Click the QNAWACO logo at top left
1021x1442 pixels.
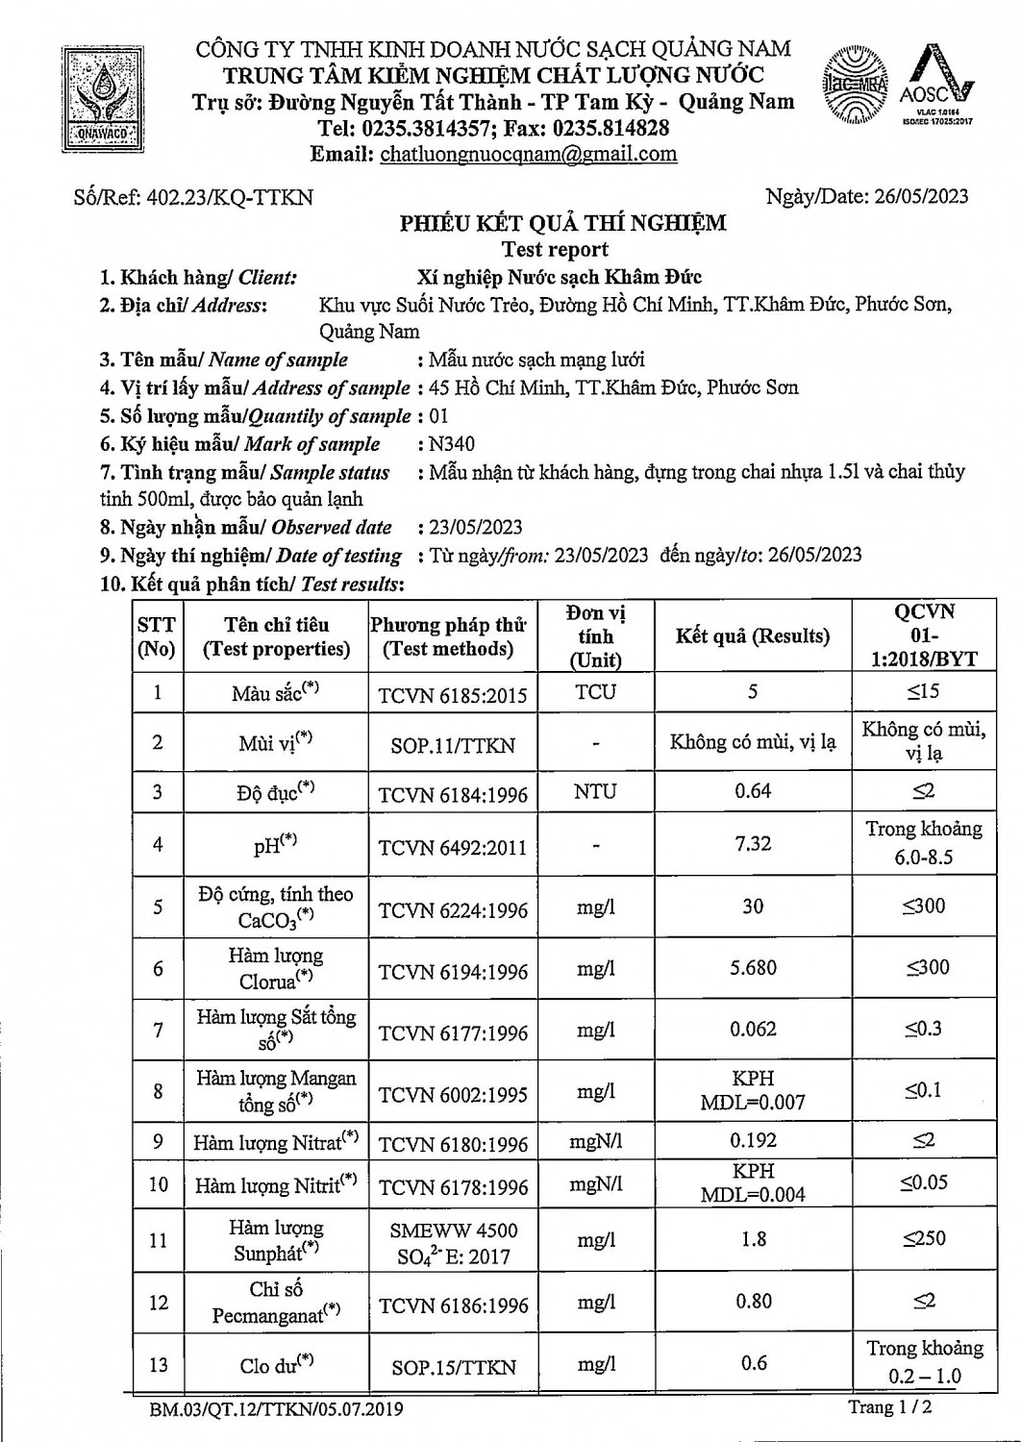(100, 98)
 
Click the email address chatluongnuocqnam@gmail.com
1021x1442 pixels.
(528, 155)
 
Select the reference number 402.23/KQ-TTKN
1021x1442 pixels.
(228, 198)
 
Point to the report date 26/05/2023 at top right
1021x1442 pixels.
(921, 197)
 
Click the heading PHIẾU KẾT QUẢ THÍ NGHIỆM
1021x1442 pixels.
(562, 224)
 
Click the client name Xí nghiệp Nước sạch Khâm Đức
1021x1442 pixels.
(559, 278)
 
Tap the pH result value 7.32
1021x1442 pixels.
(753, 844)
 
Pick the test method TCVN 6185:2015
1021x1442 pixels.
(453, 695)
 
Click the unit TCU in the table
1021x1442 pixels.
(596, 692)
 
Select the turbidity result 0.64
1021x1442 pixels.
(753, 791)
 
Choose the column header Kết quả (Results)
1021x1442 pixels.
(752, 636)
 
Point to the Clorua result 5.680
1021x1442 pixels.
(753, 968)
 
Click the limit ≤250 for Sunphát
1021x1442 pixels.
(924, 1239)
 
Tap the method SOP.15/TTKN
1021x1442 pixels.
(453, 1367)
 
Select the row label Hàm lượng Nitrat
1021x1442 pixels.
(275, 1143)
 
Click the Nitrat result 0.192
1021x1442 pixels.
(753, 1141)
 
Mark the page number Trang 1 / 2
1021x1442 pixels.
(890, 1408)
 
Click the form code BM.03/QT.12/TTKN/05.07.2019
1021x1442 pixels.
(277, 1410)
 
